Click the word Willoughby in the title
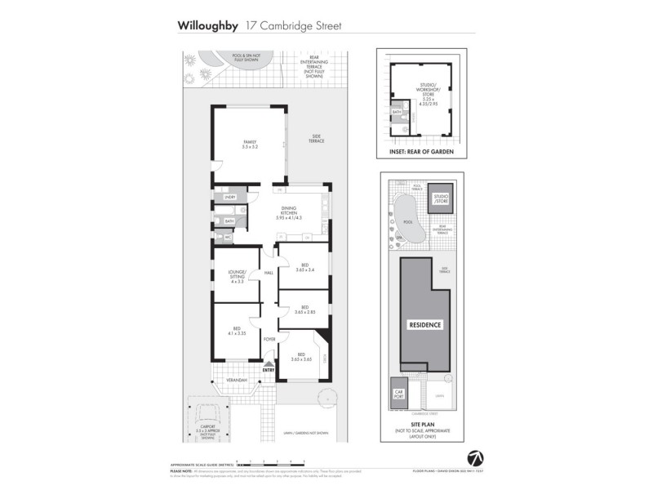coord(208,25)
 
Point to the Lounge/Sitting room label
coord(237,278)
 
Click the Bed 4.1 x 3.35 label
coord(237,330)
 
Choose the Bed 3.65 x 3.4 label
coord(304,268)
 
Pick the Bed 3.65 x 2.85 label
coord(304,309)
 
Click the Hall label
coord(268,274)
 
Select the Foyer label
coord(269,338)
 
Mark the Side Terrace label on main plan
coord(316,139)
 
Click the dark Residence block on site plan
coord(424,324)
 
